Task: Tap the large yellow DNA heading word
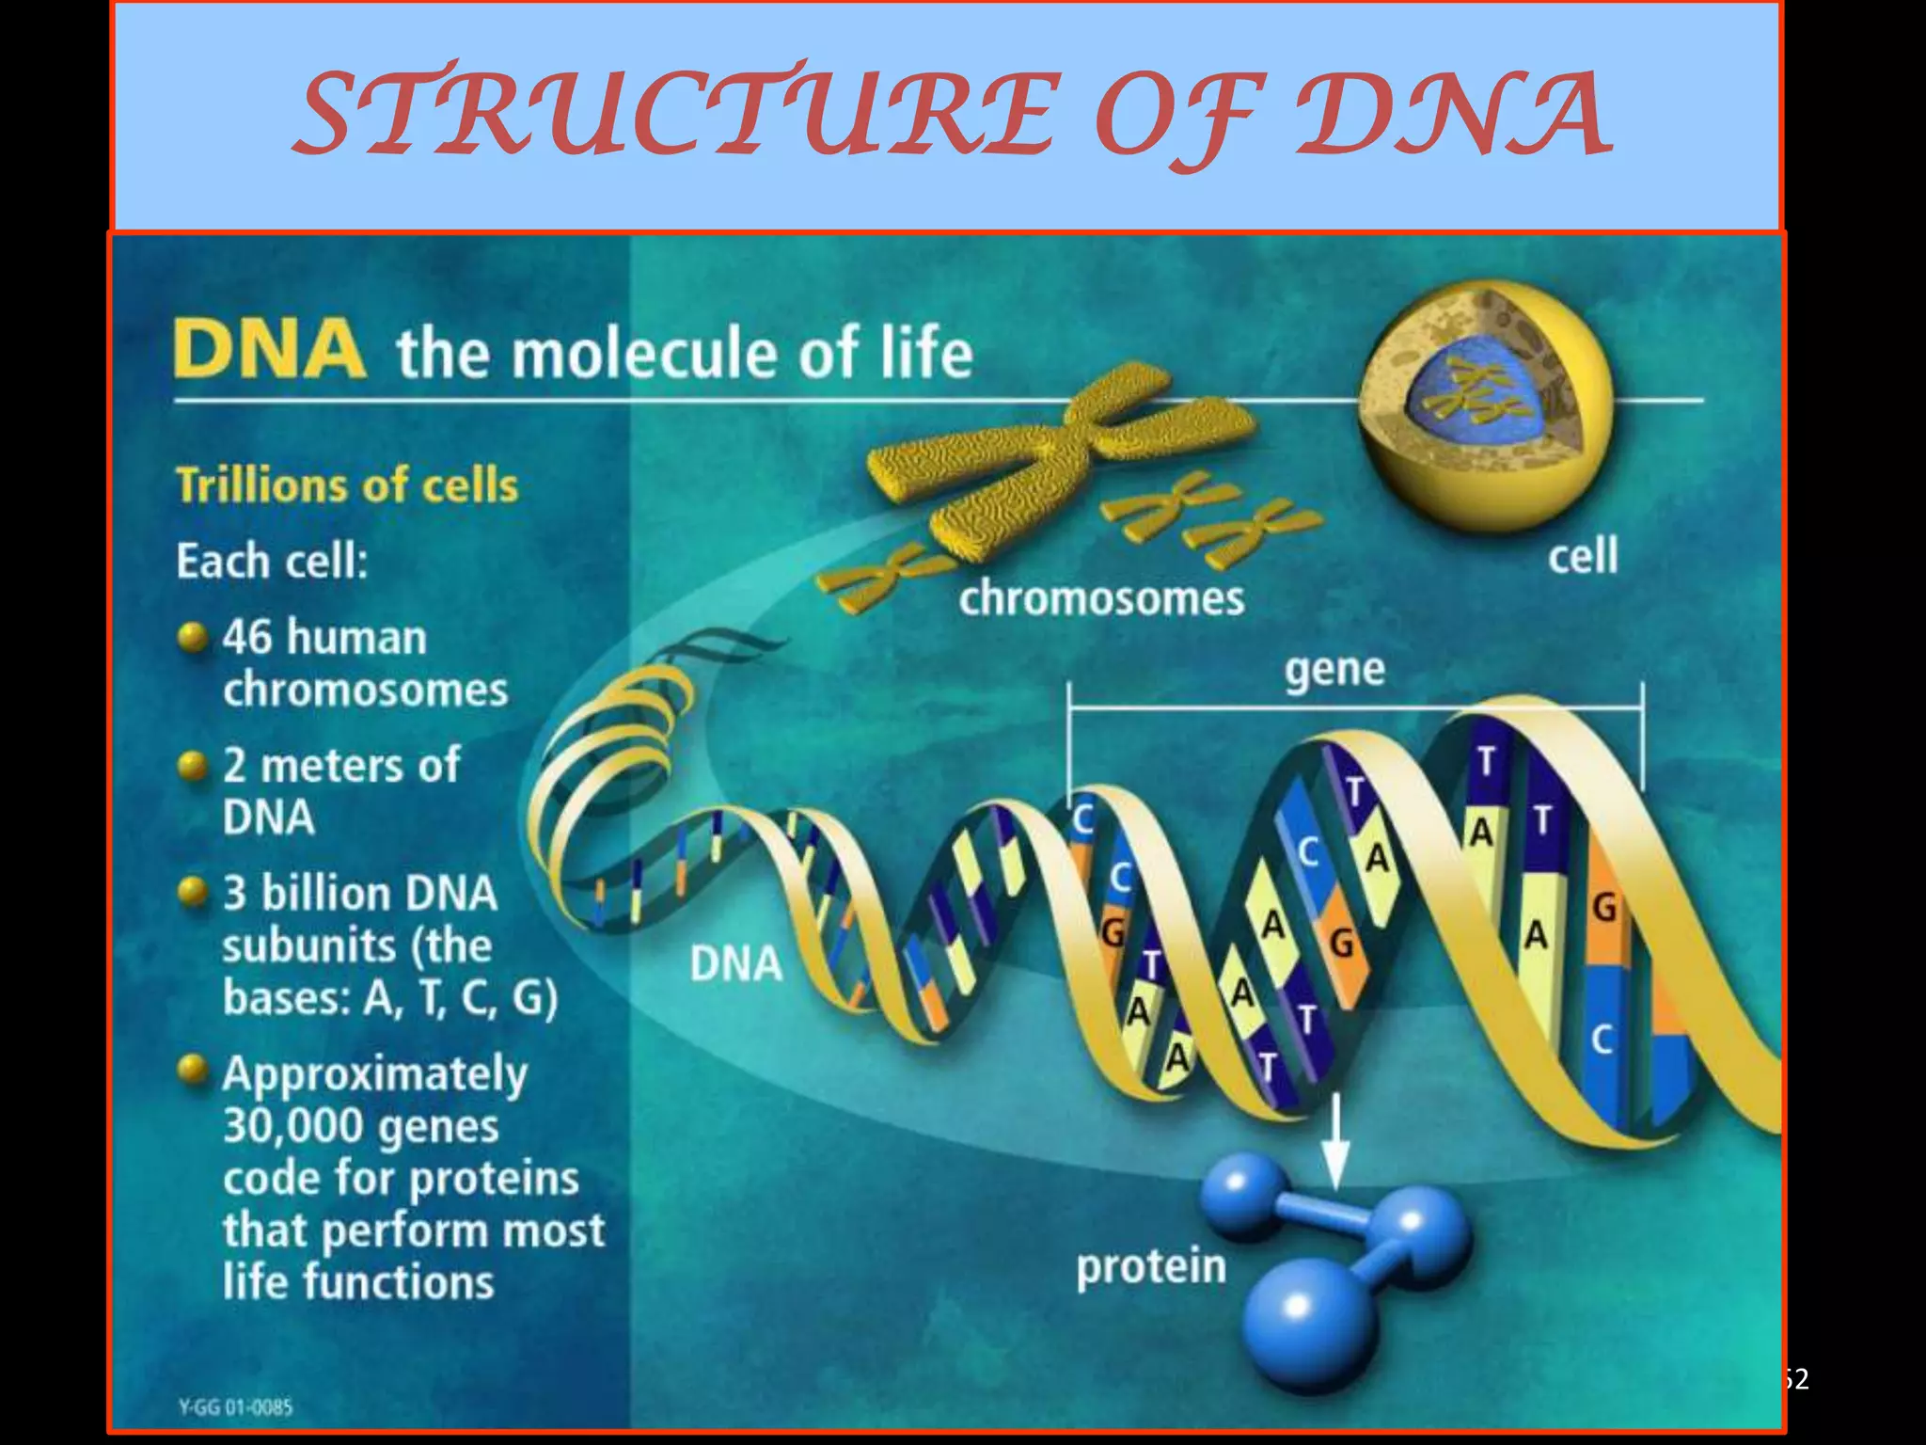(x=269, y=349)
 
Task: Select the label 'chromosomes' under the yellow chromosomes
(x=1101, y=598)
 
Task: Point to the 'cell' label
(x=1583, y=555)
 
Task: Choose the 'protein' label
(x=1151, y=1266)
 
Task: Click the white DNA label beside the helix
(x=735, y=964)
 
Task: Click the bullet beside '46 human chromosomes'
(x=193, y=638)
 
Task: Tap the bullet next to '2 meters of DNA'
(x=193, y=766)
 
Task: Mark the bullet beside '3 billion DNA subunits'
(x=193, y=892)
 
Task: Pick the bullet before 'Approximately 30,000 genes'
(x=193, y=1070)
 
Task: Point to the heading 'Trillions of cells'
(x=347, y=486)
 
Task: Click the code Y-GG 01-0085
(x=235, y=1407)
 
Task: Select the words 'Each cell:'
(x=271, y=562)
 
